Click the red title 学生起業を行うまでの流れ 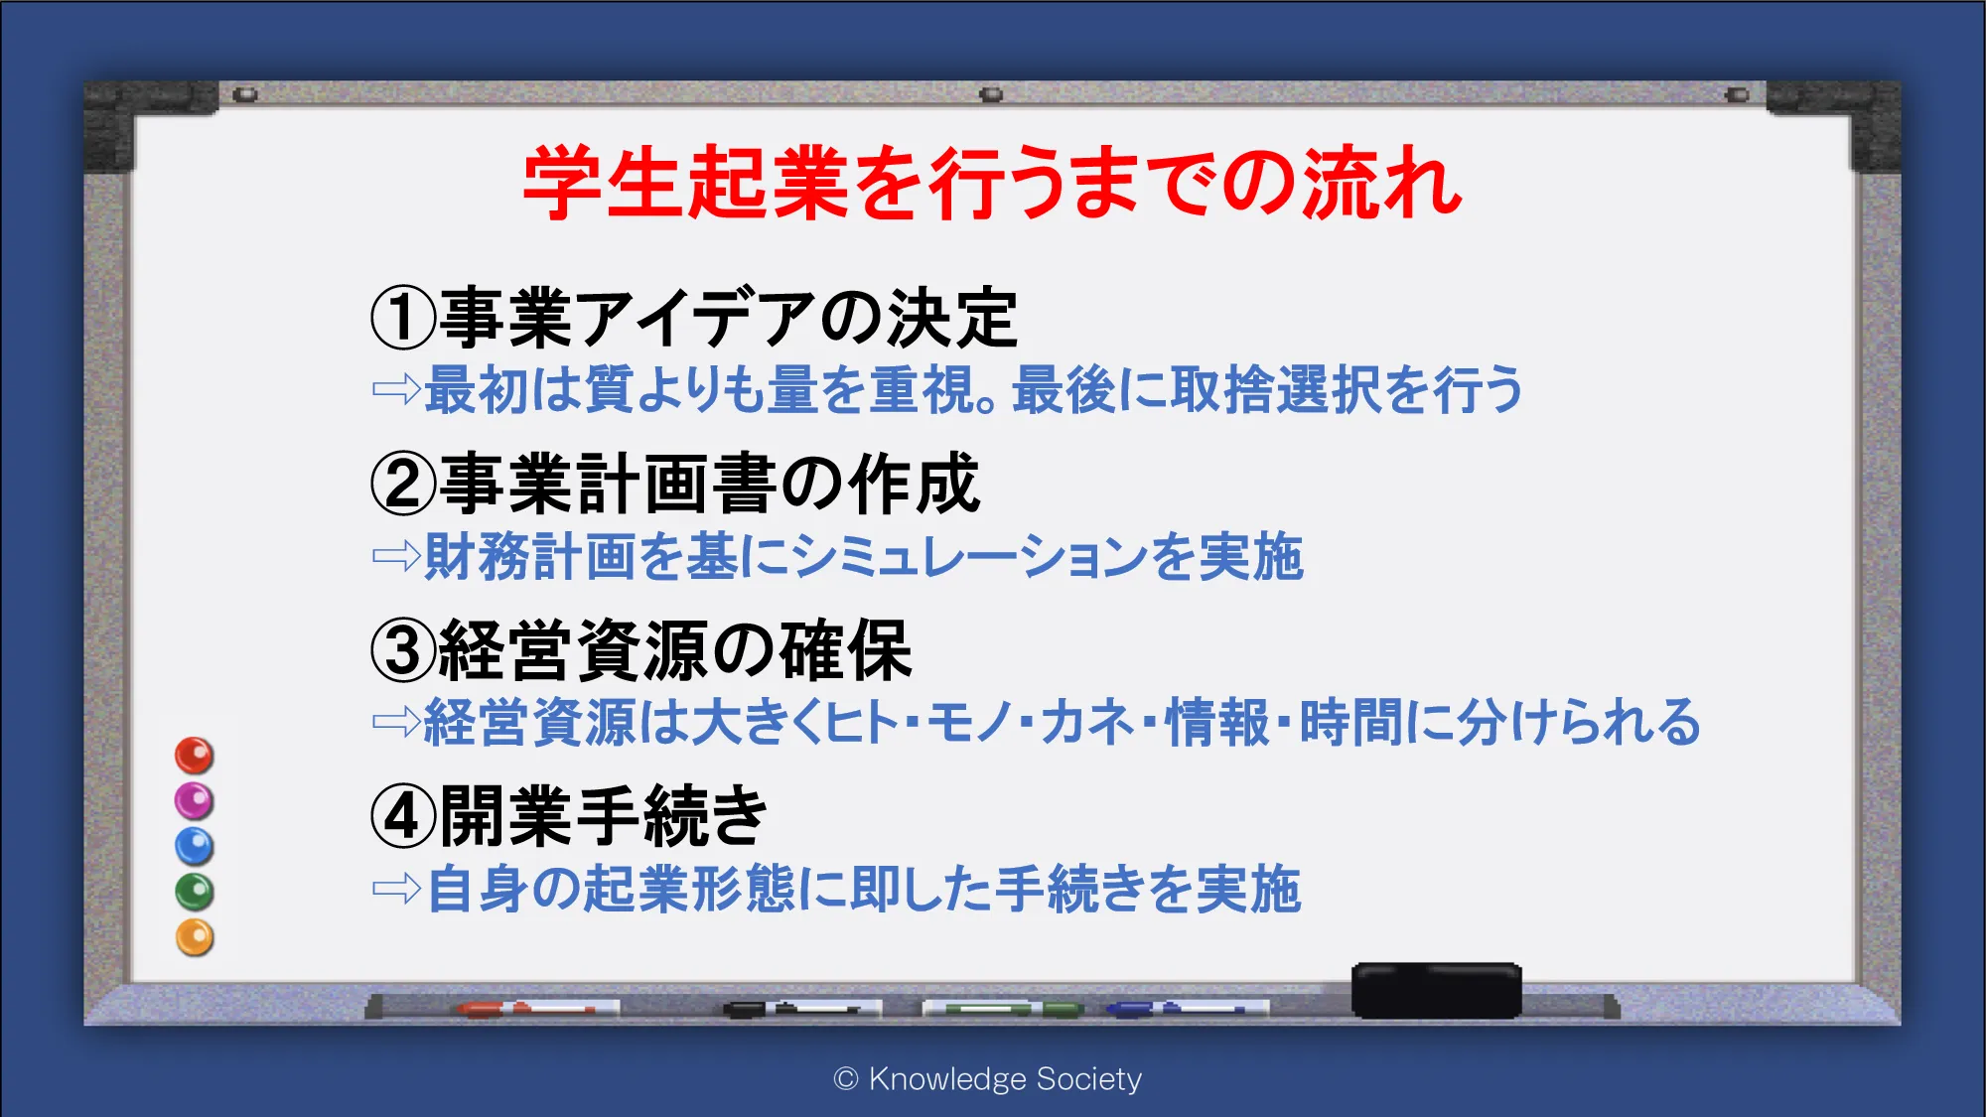click(992, 183)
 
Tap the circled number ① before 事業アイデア click(403, 318)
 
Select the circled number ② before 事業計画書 click(403, 484)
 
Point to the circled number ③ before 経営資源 click(403, 650)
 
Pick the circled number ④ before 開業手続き click(403, 816)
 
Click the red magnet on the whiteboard click(195, 756)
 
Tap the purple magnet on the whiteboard click(195, 801)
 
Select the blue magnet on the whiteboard click(195, 847)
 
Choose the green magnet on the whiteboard click(195, 893)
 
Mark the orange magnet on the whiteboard click(195, 938)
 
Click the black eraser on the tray click(1437, 990)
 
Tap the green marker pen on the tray click(1003, 1009)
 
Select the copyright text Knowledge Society click(988, 1079)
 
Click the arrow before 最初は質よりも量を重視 click(396, 388)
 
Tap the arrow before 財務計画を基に click(396, 555)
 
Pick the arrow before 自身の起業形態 click(396, 888)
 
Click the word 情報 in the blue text click(1217, 722)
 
